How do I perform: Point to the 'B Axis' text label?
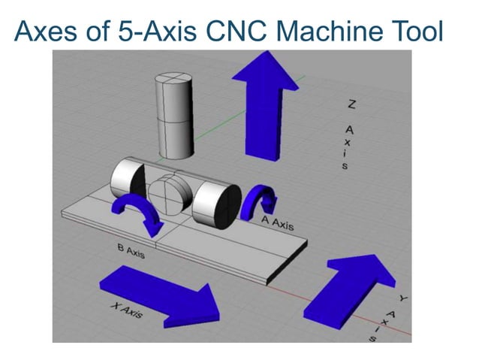[x=129, y=252]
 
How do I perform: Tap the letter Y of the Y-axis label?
[x=403, y=298]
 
